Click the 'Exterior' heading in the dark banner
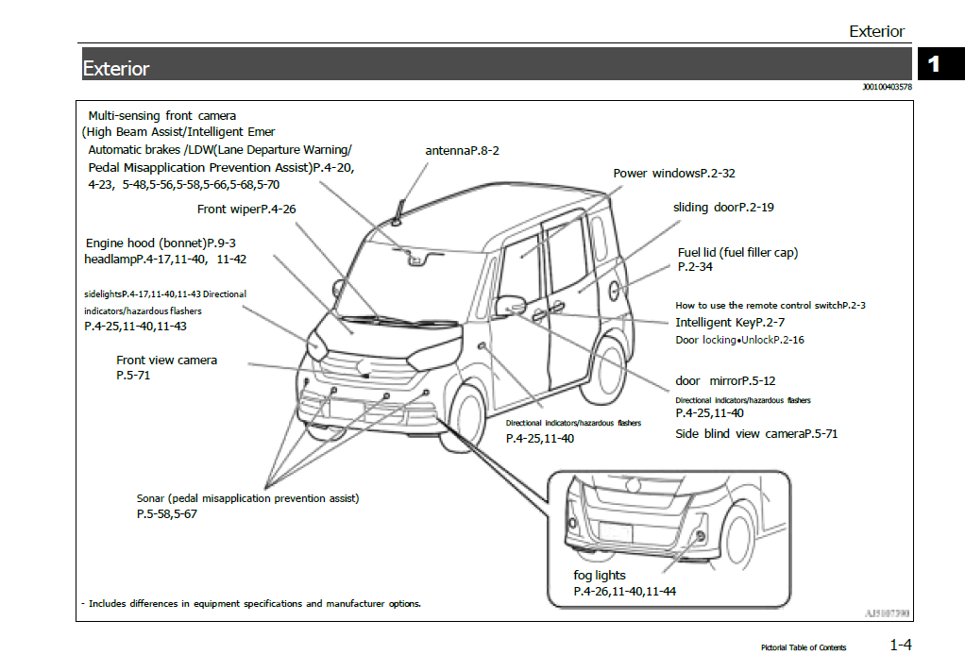116,69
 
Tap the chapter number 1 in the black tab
934,64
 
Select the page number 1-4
900,646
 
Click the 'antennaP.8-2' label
462,151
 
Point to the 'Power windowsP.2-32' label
673,174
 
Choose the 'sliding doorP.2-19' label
723,208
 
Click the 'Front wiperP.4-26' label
246,210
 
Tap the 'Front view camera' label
166,361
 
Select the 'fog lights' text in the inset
600,575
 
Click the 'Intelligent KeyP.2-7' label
730,323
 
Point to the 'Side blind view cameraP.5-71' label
756,434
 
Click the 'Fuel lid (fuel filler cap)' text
737,253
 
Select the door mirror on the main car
510,306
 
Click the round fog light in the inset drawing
700,536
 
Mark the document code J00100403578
886,88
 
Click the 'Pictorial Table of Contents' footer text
804,647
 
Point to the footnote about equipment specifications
251,604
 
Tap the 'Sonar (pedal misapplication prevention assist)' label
247,498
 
